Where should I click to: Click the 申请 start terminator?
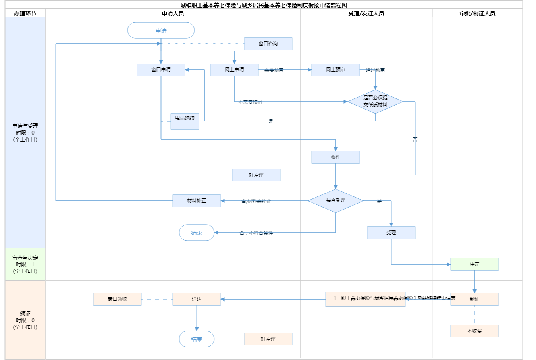(161, 31)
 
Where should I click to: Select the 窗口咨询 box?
(268, 44)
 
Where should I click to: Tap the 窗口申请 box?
(161, 70)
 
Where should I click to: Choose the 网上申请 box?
(234, 70)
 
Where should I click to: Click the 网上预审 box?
(335, 70)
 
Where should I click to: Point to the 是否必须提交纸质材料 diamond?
(375, 102)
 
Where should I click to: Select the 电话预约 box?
(185, 121)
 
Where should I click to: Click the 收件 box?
(335, 157)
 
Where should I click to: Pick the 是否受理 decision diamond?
(335, 201)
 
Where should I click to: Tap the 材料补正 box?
(197, 201)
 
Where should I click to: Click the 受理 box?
(391, 233)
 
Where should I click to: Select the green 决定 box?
(474, 264)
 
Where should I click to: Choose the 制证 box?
(474, 299)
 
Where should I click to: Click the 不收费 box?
(474, 331)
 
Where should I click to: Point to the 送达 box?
(197, 299)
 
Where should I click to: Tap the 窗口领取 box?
(117, 299)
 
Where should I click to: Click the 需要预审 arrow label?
(274, 70)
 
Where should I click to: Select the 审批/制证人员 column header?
(477, 13)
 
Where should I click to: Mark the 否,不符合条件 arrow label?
(256, 233)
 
